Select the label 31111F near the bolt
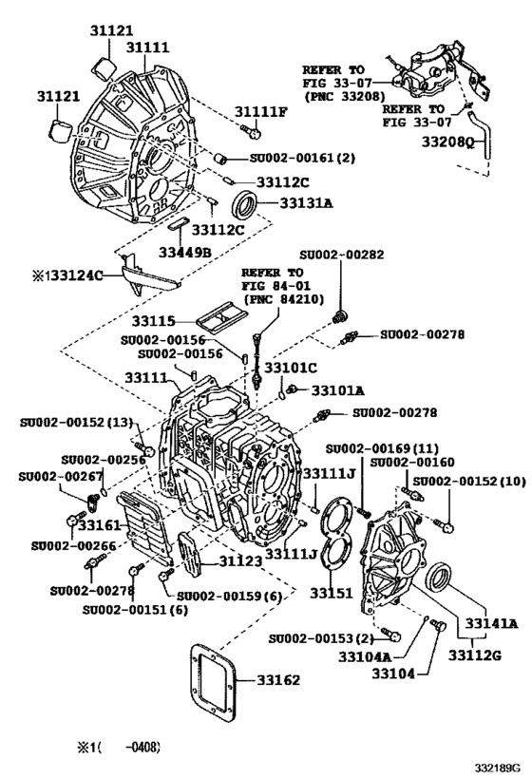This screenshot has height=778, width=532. click(x=261, y=112)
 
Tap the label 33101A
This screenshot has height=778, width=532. click(x=338, y=389)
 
